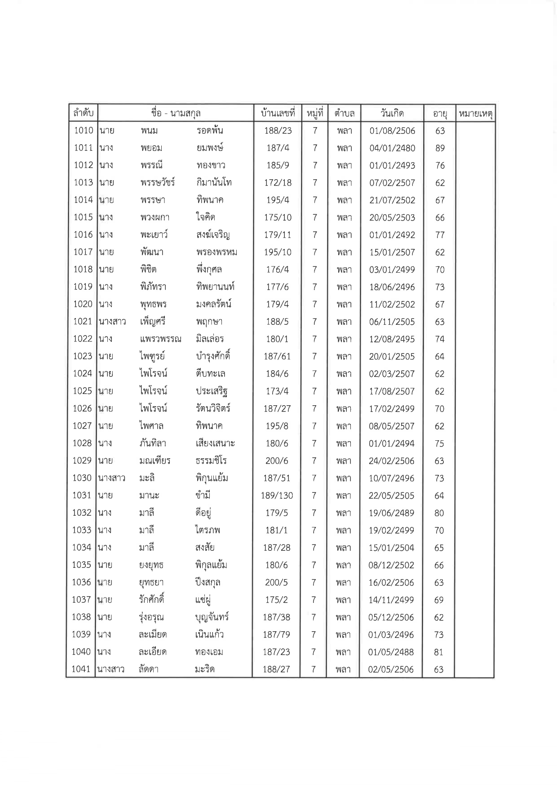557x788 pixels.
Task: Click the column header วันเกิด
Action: pos(392,113)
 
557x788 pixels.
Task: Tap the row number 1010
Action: pos(83,131)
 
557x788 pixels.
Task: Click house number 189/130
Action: pos(277,496)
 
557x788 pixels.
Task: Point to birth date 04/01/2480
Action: pos(392,148)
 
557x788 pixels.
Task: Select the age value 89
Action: pos(440,148)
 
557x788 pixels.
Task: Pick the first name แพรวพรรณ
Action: pos(160,339)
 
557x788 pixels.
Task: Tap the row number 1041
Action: pos(81,669)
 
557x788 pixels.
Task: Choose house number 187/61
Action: pos(277,357)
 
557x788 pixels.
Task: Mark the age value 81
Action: pos(439,652)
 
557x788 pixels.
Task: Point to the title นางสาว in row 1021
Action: pos(112,322)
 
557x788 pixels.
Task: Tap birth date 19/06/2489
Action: pos(391,513)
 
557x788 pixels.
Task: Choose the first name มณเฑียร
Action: pos(155,461)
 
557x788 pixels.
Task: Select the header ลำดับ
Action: pos(83,113)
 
